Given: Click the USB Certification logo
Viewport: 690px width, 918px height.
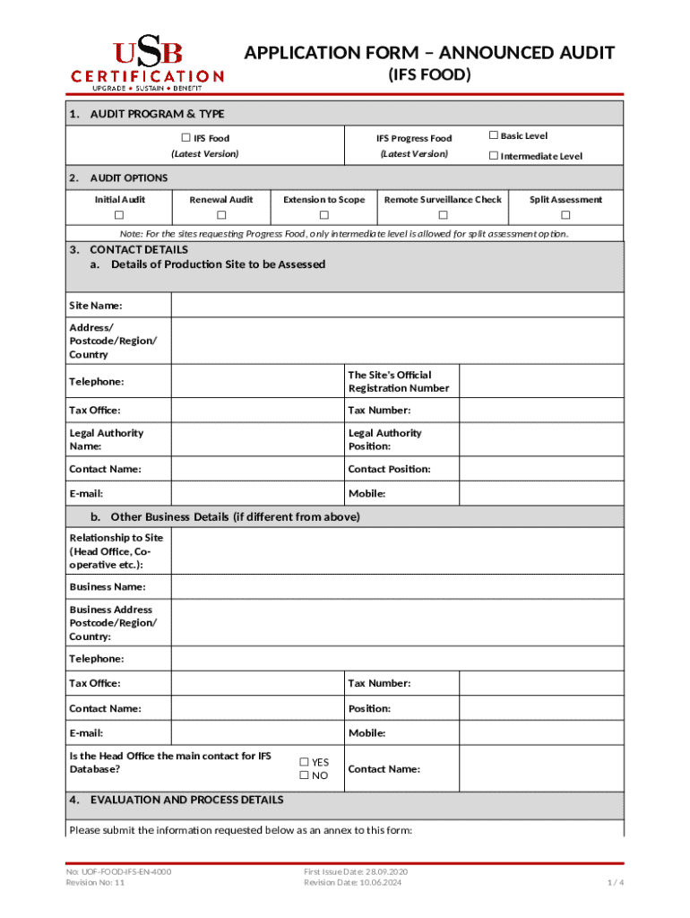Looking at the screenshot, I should coord(147,65).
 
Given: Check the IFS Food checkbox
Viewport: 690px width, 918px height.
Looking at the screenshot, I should coord(186,138).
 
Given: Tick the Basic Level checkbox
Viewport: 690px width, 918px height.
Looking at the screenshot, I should coord(493,135).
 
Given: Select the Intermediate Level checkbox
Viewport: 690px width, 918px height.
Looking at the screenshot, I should coord(493,156).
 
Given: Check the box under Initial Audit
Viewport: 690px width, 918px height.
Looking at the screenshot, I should coord(119,216).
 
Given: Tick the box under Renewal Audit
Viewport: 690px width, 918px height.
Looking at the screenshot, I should coord(221,216).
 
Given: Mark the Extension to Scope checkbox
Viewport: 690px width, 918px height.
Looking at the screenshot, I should coord(324,216).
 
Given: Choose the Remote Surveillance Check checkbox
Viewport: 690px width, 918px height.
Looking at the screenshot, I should coord(443,216).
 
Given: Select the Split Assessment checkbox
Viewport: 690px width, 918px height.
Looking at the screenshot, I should coord(565,216).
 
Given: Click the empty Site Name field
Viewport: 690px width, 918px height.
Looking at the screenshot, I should coord(397,306).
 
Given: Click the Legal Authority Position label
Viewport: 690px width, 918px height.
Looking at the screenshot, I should coord(384,439).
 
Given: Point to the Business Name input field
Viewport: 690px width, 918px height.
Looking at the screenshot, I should coord(397,587).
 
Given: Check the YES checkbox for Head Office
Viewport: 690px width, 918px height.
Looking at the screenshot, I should coord(304,762).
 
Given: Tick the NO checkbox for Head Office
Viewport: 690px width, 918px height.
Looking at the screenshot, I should coord(304,775).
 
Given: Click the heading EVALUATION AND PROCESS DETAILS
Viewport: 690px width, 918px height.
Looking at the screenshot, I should coord(186,800).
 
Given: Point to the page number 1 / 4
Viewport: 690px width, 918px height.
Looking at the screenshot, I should coord(615,883).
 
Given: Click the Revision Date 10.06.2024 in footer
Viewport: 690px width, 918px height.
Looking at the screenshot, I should coord(353,883).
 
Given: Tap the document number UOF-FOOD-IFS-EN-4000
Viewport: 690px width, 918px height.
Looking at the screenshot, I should coord(118,871).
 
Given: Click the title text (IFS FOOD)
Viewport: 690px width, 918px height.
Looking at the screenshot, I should coord(429,75).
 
